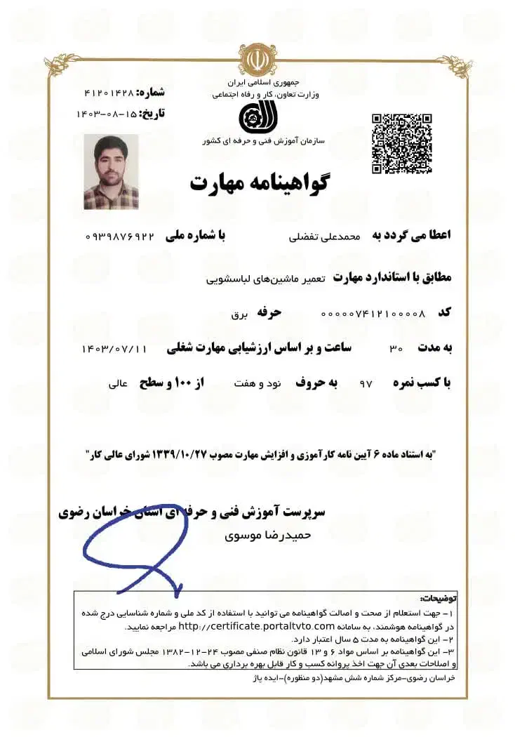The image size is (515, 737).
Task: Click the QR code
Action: pyautogui.click(x=401, y=143)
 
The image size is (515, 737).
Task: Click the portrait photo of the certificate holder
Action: pyautogui.click(x=111, y=172)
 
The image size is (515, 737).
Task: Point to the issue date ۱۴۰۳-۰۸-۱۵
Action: pyautogui.click(x=106, y=113)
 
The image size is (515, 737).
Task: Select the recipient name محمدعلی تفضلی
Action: pyautogui.click(x=325, y=237)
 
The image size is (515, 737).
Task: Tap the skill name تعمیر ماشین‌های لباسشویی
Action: pyautogui.click(x=265, y=279)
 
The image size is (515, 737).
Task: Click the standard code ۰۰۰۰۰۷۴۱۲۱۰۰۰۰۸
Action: pyautogui.click(x=373, y=313)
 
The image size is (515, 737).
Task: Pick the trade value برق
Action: pyautogui.click(x=240, y=314)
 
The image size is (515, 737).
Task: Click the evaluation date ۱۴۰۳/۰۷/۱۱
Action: pyautogui.click(x=115, y=348)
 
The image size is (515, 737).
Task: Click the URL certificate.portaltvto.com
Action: pyautogui.click(x=255, y=625)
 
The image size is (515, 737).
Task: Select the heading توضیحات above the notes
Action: pyautogui.click(x=438, y=599)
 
